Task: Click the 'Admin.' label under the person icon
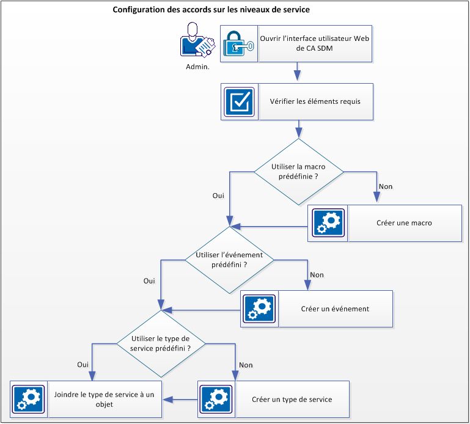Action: [197, 67]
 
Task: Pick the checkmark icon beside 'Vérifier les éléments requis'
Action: [239, 101]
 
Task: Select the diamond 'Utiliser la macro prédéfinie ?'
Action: [298, 172]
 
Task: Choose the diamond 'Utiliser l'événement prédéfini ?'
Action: [229, 260]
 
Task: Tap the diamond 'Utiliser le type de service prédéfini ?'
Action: [160, 343]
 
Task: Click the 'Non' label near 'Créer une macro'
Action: [386, 186]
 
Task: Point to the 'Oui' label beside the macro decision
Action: [218, 196]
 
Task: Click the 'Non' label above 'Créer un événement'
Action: [317, 275]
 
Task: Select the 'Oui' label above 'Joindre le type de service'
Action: [83, 364]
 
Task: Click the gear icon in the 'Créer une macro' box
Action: [328, 222]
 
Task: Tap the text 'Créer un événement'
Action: [335, 309]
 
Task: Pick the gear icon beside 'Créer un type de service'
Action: [216, 399]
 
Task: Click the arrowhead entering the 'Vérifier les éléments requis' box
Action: [298, 76]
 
